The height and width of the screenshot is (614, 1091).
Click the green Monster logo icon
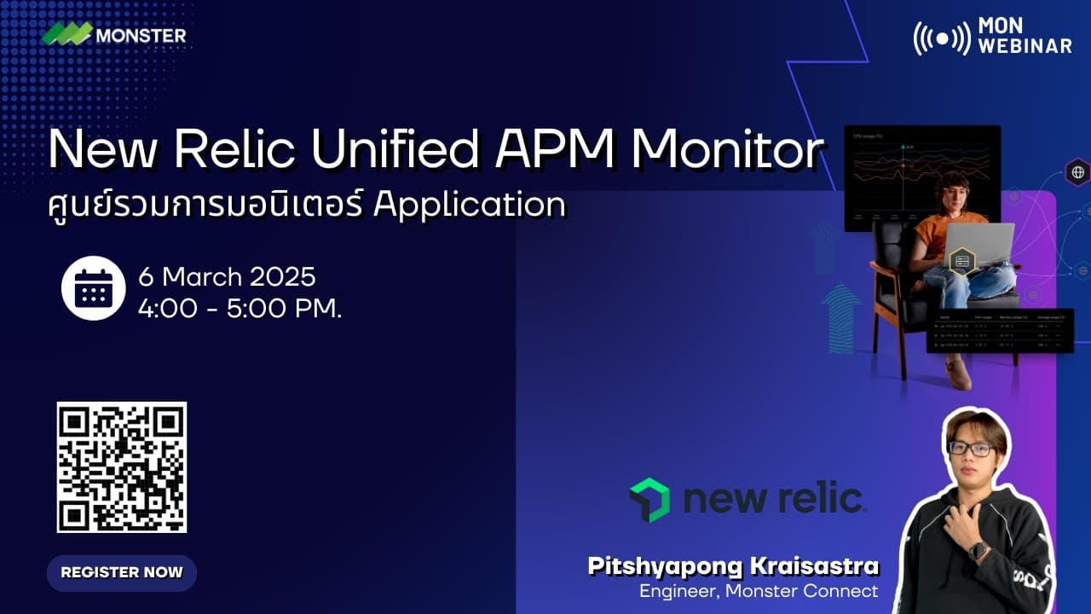point(66,34)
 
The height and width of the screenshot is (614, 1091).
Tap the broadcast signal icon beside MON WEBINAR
point(941,38)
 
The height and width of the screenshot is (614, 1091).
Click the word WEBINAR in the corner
point(1025,46)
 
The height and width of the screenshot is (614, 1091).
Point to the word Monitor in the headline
point(727,150)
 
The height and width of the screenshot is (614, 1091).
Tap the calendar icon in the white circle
point(94,288)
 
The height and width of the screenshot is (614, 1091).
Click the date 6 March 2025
point(227,277)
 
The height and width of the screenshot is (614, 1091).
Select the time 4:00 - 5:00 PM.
point(240,308)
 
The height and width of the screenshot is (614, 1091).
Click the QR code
point(122,467)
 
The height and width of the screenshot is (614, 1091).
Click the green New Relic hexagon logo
point(649,500)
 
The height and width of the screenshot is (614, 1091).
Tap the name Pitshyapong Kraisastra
point(733,566)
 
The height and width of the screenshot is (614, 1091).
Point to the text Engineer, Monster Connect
point(759,590)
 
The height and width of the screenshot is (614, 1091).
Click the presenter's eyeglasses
point(970,449)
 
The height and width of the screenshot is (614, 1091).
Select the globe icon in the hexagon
point(1077,172)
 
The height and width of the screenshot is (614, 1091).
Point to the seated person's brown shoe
point(958,374)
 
